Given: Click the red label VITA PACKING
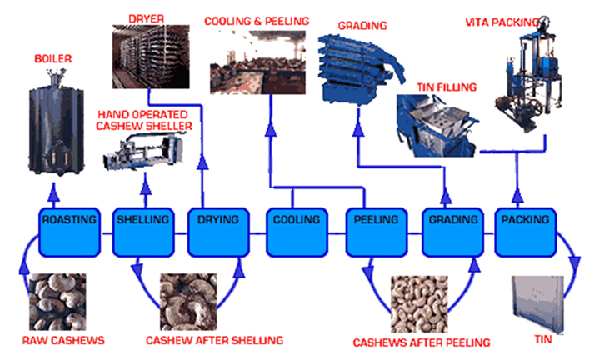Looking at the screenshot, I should pyautogui.click(x=529, y=17).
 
